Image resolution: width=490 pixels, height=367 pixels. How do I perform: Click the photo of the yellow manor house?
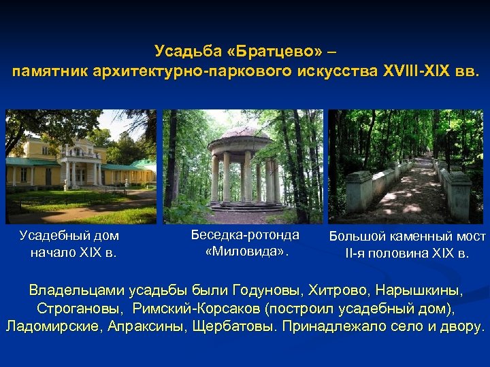coord(80,167)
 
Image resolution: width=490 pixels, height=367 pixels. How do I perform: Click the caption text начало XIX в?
coord(73,253)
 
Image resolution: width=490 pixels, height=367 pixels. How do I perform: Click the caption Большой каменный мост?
coord(407,237)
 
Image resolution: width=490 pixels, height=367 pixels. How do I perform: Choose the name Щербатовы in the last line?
coord(235,326)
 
